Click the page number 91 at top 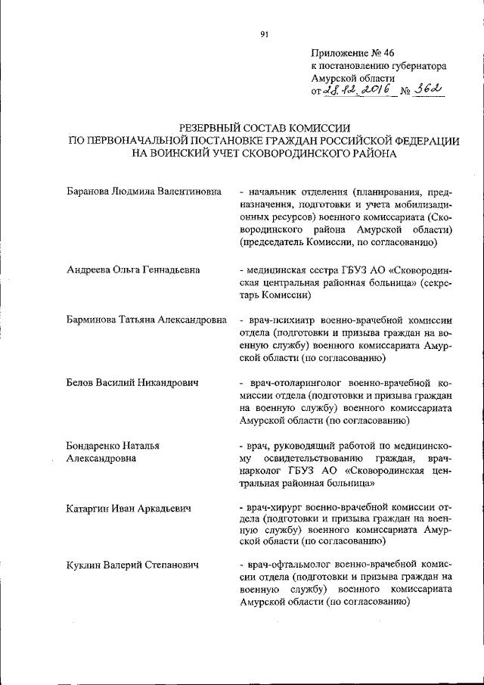tap(264, 34)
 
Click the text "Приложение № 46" tap(352, 52)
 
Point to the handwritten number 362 tap(427, 90)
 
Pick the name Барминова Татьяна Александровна tap(146, 320)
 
